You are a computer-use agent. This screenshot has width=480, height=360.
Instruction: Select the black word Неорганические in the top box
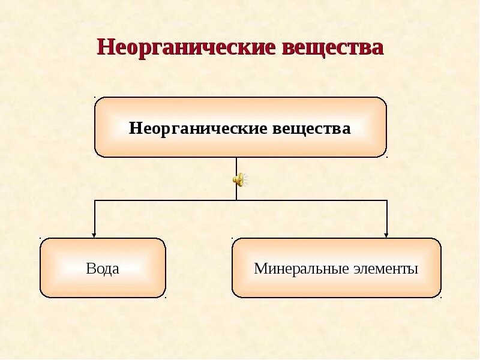pos(199,128)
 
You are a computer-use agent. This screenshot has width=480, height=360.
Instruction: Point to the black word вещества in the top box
pos(312,128)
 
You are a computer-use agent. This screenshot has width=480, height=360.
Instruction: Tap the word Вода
pos(103,268)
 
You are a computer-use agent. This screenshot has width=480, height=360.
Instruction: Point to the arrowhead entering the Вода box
pos(94,235)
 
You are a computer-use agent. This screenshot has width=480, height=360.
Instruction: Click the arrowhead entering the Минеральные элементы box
pos(387,235)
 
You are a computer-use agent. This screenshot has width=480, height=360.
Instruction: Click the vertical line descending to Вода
pos(94,216)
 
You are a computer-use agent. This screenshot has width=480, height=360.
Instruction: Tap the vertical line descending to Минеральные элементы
pos(387,216)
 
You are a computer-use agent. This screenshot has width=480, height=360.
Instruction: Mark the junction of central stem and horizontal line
pos(236,200)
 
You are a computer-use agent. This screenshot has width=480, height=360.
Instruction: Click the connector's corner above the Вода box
pos(94,200)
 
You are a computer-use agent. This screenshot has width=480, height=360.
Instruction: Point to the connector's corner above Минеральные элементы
pos(387,200)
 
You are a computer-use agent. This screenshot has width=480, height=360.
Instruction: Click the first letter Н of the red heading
pos(104,47)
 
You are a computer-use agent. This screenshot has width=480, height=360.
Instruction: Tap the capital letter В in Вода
pos(90,268)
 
